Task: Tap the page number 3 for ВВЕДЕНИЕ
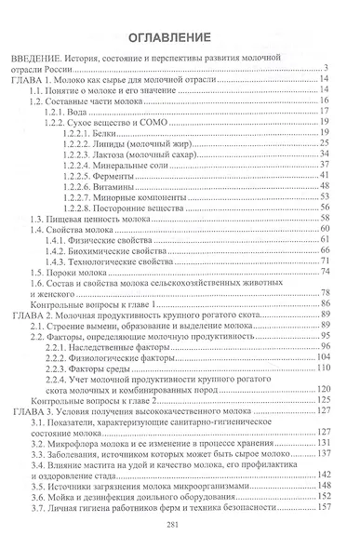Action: pos(331,93)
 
